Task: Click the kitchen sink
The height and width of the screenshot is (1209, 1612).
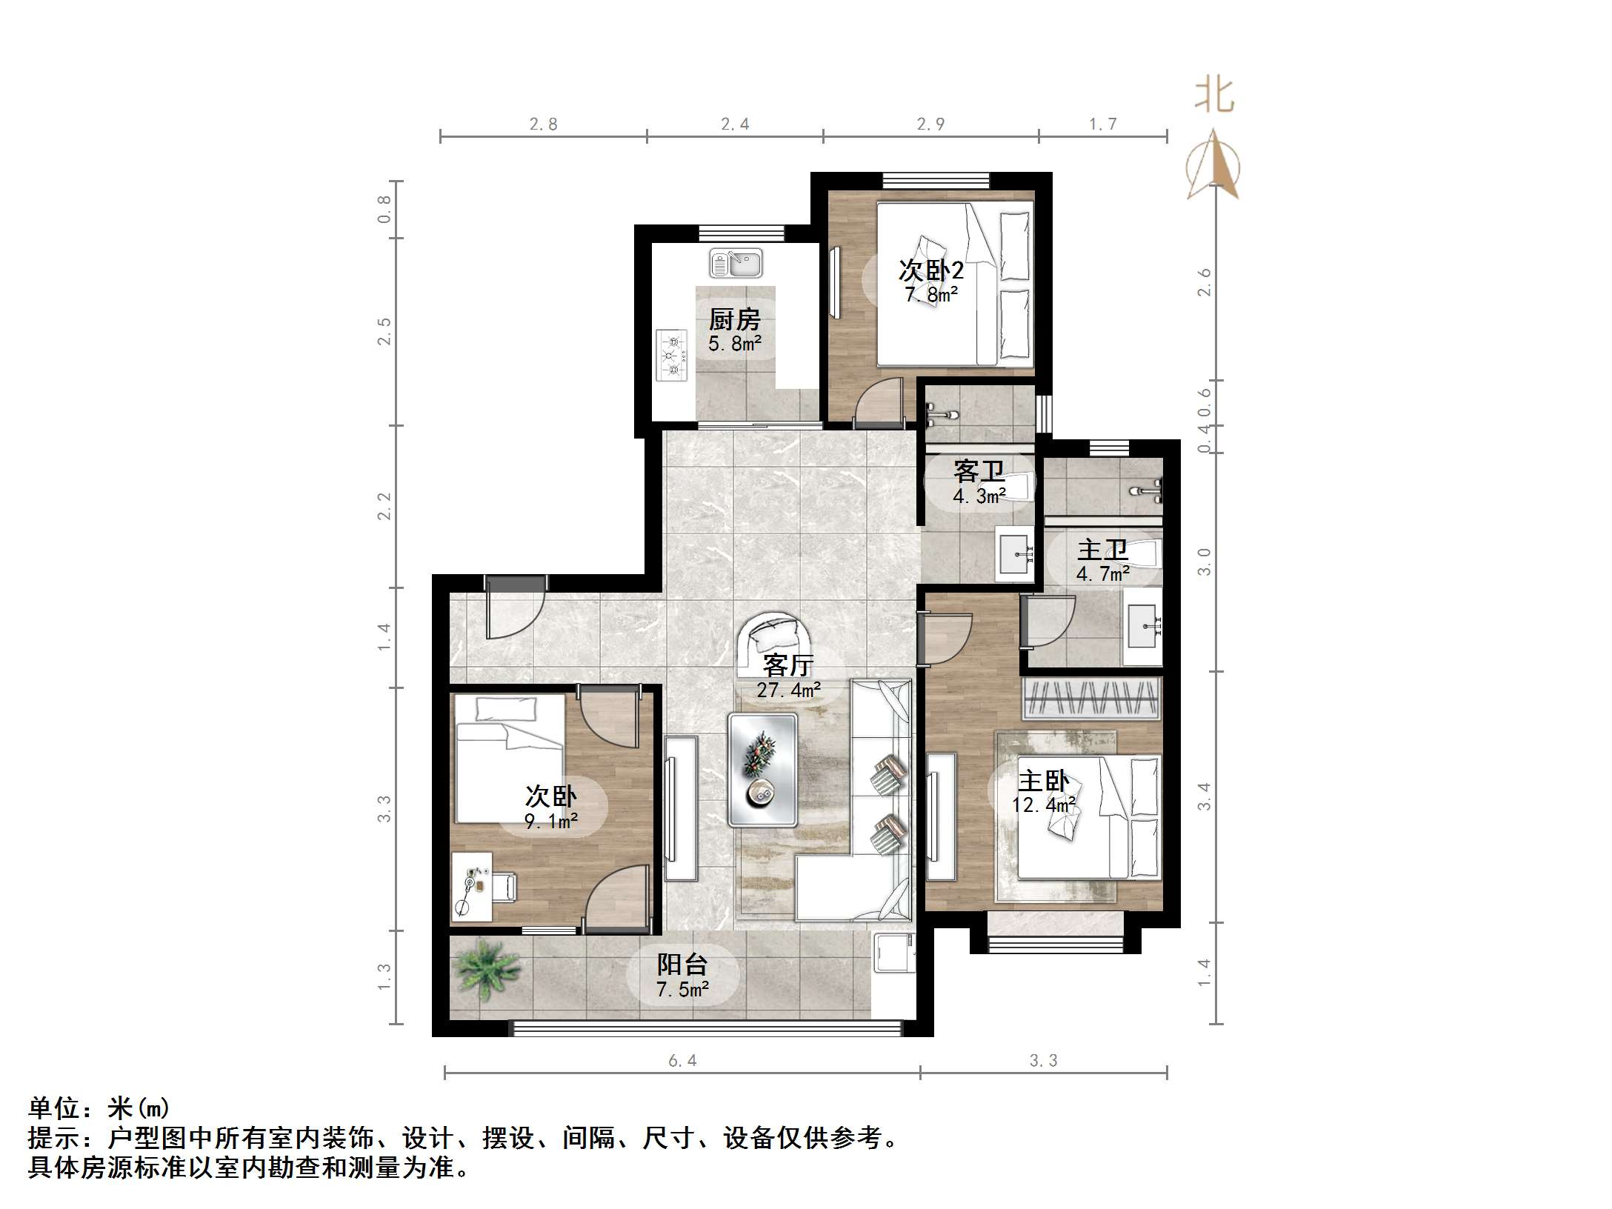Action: coord(736,263)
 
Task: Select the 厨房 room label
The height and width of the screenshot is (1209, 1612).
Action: coord(734,320)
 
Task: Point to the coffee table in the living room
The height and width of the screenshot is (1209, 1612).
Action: coord(762,770)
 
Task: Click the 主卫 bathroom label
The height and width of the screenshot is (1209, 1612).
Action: coord(1102,550)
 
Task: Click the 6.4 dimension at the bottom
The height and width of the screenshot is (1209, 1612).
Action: coord(682,1061)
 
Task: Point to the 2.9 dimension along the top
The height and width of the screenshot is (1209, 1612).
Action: coord(930,124)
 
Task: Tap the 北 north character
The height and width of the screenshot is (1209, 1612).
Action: coord(1213,96)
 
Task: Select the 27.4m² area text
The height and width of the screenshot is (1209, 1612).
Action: coord(787,690)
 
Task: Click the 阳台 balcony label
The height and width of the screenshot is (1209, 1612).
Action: coord(682,964)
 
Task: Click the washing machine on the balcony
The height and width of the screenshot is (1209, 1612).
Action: coord(894,953)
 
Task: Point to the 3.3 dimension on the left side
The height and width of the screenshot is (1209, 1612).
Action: coord(384,808)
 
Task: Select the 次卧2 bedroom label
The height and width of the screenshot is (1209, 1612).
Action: coord(930,270)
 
